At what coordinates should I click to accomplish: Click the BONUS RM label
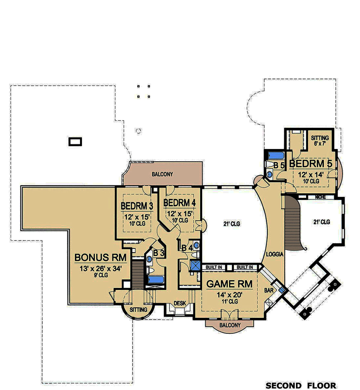[100, 258]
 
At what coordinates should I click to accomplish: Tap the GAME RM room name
[229, 284]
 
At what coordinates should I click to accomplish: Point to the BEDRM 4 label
[180, 203]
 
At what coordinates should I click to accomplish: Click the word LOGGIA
[275, 254]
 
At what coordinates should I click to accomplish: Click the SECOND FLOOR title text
[301, 385]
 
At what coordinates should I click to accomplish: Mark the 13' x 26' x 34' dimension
[100, 268]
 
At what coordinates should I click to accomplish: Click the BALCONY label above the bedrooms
[162, 174]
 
